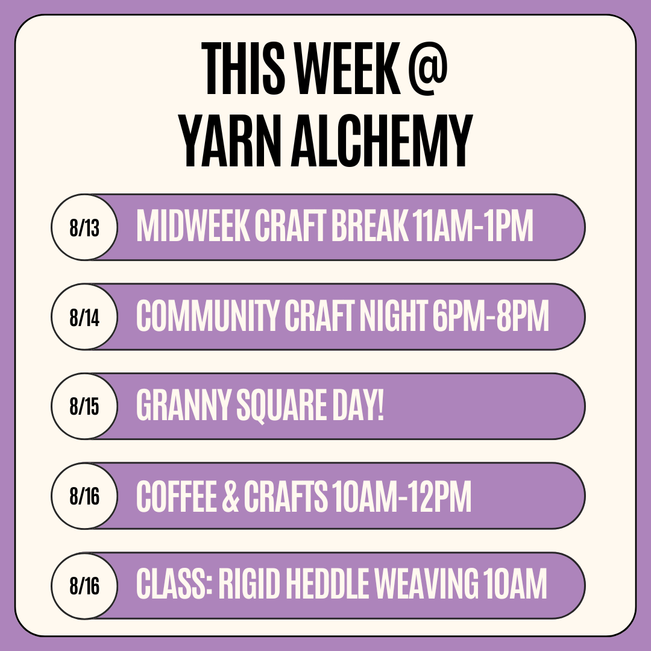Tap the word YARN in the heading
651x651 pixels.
(230, 140)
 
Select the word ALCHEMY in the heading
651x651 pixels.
(382, 140)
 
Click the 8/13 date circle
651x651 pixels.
(85, 227)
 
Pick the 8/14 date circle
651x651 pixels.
(85, 317)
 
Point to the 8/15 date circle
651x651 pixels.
(85, 406)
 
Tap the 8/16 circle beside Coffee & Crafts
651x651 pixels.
(85, 495)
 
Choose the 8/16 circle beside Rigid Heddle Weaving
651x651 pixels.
(85, 585)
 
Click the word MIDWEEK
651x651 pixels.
(193, 225)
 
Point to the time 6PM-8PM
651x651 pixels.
(491, 315)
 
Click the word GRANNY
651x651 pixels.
(183, 405)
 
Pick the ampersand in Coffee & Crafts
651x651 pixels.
(231, 496)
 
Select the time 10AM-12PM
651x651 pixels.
(402, 496)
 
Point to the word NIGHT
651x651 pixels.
(394, 315)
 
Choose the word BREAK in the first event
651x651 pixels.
(370, 225)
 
